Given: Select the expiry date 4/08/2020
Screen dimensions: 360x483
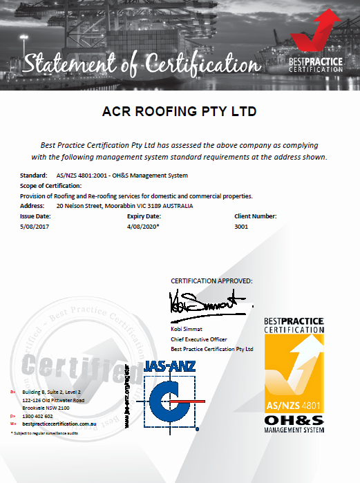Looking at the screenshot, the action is pyautogui.click(x=143, y=225).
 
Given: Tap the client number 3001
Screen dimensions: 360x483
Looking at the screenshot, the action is pyautogui.click(x=241, y=225).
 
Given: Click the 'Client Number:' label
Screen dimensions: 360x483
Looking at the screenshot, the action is pyautogui.click(x=256, y=216).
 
